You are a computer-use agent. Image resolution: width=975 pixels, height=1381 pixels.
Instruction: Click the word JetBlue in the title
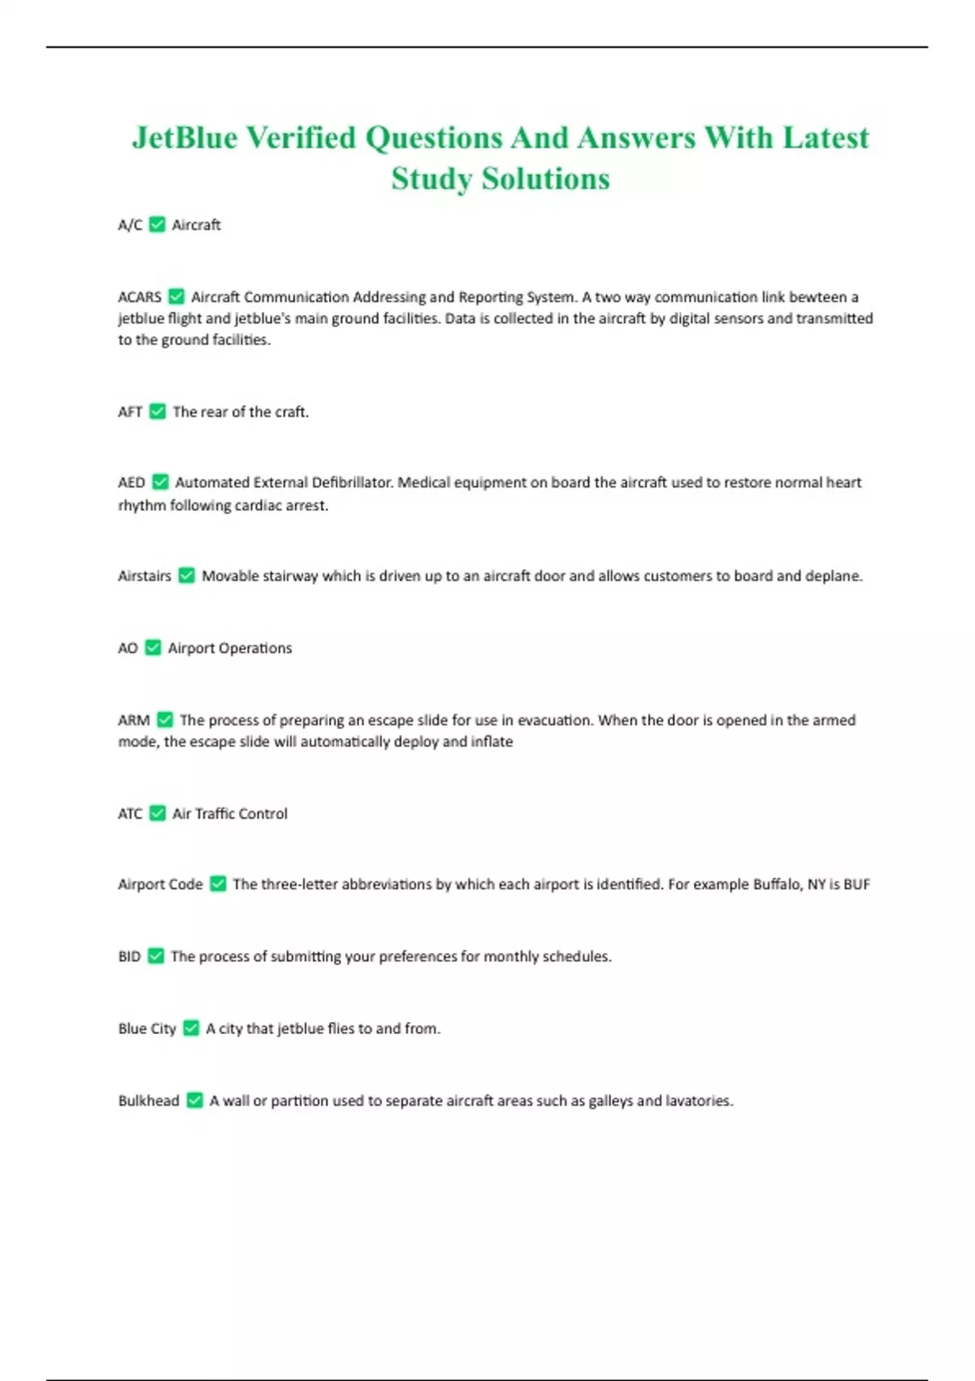(x=185, y=138)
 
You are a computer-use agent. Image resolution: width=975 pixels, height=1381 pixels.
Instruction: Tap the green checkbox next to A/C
(x=158, y=225)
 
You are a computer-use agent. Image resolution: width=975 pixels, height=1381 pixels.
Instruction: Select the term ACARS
(x=140, y=297)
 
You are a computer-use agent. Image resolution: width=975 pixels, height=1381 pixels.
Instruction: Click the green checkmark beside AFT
(x=158, y=412)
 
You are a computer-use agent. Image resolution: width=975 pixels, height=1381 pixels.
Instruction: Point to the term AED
(x=132, y=483)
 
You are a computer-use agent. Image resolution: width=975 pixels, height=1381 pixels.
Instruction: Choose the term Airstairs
(x=145, y=576)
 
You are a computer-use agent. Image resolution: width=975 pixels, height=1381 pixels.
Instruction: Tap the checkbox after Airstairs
(x=187, y=576)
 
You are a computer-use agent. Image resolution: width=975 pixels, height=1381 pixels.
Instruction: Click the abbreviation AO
(x=128, y=648)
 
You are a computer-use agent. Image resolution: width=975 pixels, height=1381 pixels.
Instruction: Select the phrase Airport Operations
(x=230, y=648)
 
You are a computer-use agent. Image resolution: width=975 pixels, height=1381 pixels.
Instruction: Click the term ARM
(x=134, y=721)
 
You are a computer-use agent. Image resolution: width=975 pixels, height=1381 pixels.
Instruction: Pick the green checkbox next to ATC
(x=158, y=813)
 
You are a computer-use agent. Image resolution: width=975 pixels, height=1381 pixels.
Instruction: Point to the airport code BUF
(x=856, y=885)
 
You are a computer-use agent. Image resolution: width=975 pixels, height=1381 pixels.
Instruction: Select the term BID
(x=129, y=957)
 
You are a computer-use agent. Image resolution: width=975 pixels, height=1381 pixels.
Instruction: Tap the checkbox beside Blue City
(x=191, y=1028)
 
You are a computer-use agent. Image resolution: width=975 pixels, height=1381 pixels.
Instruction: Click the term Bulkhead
(x=149, y=1101)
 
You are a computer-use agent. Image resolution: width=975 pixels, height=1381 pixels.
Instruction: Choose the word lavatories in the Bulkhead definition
(x=699, y=1101)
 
